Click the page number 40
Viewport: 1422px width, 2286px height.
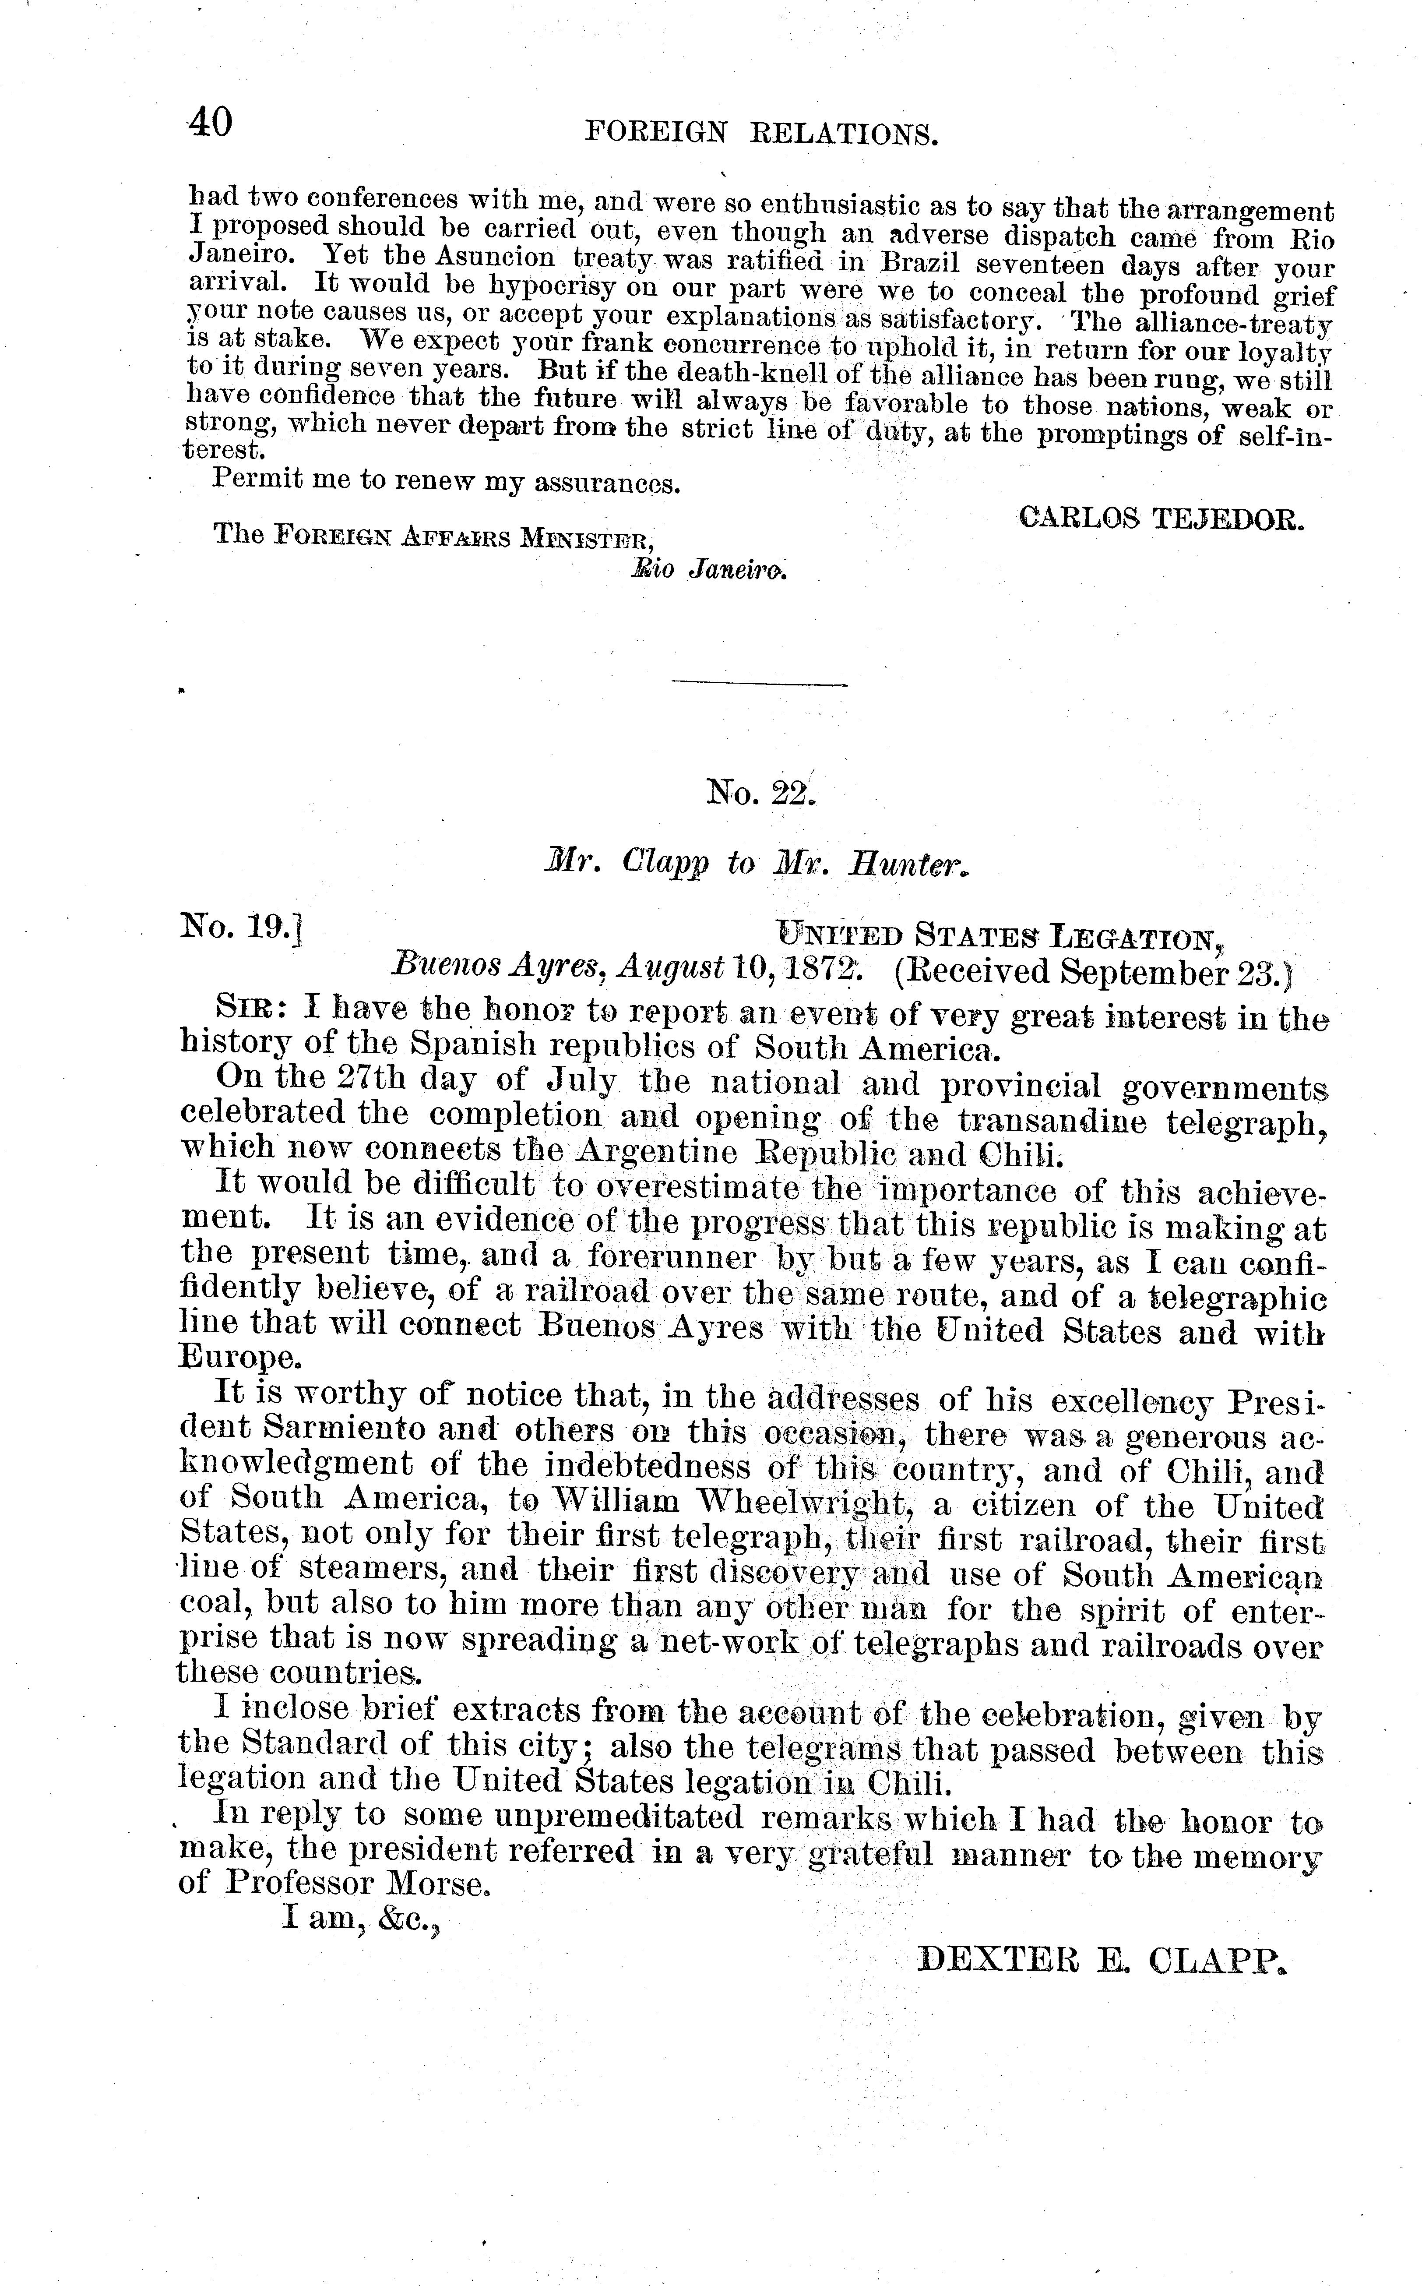(x=211, y=122)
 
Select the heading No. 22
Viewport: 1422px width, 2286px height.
(x=762, y=795)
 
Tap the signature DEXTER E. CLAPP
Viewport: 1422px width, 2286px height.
(x=1100, y=1958)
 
